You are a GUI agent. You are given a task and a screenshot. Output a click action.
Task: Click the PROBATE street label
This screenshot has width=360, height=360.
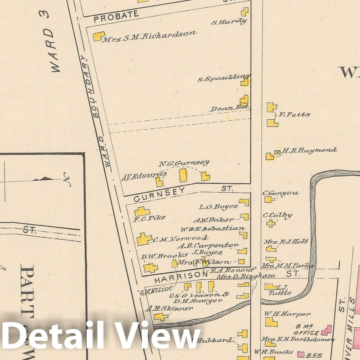pyautogui.click(x=116, y=16)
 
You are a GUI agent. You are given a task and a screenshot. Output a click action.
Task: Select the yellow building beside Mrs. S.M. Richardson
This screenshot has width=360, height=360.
pyautogui.click(x=99, y=36)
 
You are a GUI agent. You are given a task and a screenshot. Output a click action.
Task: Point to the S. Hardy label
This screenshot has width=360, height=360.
pyautogui.click(x=229, y=22)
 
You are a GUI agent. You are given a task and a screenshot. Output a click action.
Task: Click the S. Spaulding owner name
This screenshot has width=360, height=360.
pyautogui.click(x=223, y=78)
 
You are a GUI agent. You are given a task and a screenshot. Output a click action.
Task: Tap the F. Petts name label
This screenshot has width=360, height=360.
pyautogui.click(x=294, y=114)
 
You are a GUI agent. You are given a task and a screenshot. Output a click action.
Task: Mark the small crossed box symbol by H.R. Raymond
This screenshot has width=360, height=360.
pyautogui.click(x=277, y=152)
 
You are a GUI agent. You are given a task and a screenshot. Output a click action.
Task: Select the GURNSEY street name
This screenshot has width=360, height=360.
pyautogui.click(x=159, y=194)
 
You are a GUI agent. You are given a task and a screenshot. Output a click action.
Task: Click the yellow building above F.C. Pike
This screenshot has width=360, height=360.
pyautogui.click(x=142, y=212)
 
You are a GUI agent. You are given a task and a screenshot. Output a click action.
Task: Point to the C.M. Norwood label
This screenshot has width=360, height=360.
pyautogui.click(x=180, y=239)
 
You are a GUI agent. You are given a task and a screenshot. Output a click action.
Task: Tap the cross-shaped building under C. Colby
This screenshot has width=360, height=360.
pyautogui.click(x=271, y=223)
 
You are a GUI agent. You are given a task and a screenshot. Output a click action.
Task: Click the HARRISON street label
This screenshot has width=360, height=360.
pyautogui.click(x=181, y=277)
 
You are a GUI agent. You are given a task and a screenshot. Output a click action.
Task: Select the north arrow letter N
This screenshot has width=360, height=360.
pyautogui.click(x=67, y=179)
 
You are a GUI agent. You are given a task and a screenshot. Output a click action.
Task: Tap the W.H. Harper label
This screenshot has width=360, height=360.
pyautogui.click(x=287, y=314)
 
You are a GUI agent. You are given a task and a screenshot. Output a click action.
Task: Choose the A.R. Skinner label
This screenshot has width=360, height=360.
pyautogui.click(x=169, y=308)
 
